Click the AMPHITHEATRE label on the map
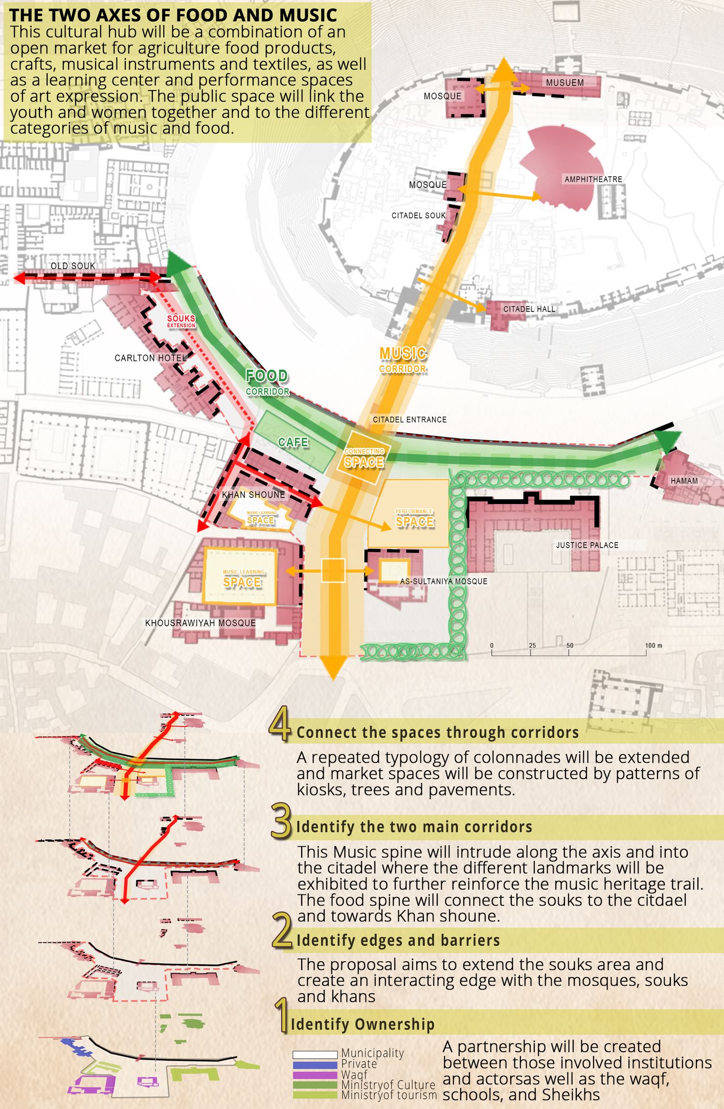pos(593,179)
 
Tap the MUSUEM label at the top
pos(564,83)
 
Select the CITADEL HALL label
pos(529,309)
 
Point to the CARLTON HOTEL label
pos(150,358)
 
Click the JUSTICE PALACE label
pos(587,545)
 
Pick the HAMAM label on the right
pos(684,481)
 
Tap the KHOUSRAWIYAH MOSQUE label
pos(200,623)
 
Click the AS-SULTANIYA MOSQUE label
pos(443,581)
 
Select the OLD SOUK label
pos(73,266)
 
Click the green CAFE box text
pos(293,442)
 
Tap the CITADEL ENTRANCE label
pos(410,420)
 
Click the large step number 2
pos(282,931)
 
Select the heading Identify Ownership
pos(363,1024)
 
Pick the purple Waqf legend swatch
pos(315,1075)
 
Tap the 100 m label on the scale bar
pos(653,646)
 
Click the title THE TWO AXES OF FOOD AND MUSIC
pos(173,15)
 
